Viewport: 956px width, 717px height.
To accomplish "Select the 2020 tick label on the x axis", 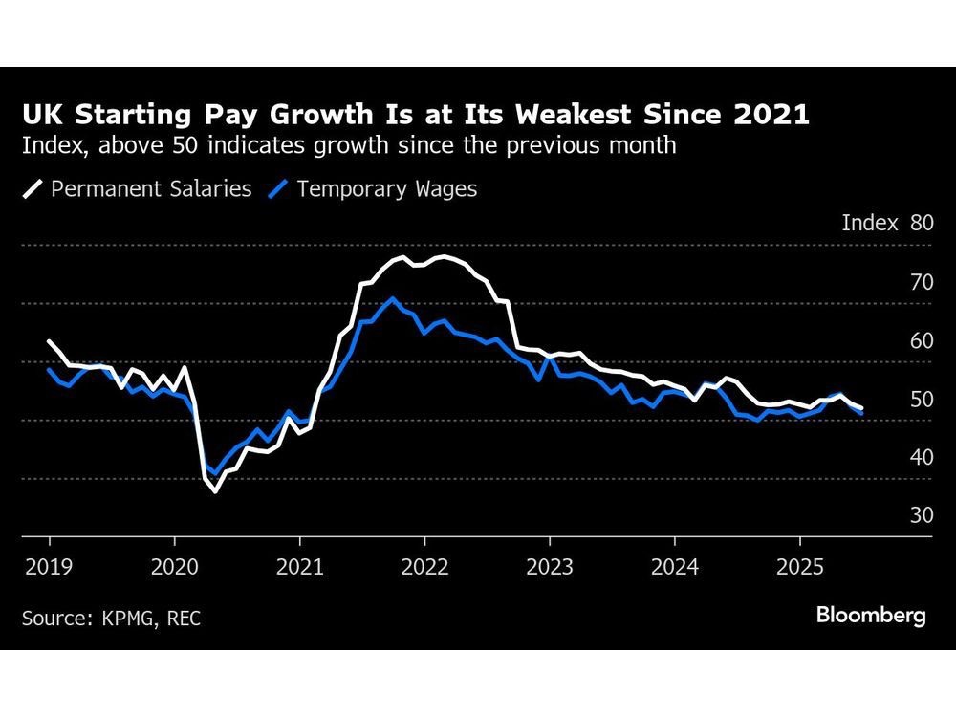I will [x=174, y=566].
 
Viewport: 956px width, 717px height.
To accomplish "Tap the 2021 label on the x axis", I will [x=299, y=566].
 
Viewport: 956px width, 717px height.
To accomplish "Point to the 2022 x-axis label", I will [x=424, y=566].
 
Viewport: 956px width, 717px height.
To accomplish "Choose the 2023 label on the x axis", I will [x=549, y=566].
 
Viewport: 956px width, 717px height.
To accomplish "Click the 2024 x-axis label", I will [x=674, y=566].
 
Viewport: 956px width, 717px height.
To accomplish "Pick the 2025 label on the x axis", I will [x=799, y=566].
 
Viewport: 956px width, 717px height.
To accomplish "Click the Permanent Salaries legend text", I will [x=151, y=188].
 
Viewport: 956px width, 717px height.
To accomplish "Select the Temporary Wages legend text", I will [x=386, y=188].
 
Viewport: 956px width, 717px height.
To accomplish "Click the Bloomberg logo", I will [x=871, y=615].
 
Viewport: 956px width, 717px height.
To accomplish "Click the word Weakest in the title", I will [x=582, y=116].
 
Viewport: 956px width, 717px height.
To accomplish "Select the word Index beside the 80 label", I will [x=870, y=224].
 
